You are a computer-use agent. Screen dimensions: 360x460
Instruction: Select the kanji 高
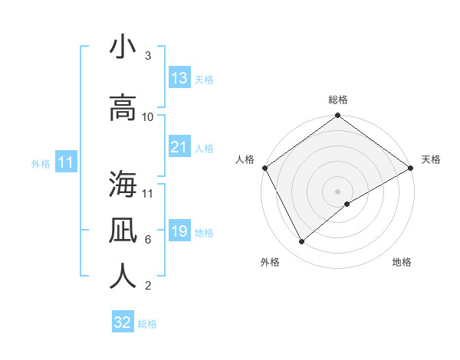pyautogui.click(x=123, y=107)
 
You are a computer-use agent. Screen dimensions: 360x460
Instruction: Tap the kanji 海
pyautogui.click(x=123, y=184)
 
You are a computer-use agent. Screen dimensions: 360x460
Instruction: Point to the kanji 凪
pyautogui.click(x=123, y=230)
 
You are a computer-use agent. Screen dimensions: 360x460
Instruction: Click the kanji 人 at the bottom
pyautogui.click(x=123, y=276)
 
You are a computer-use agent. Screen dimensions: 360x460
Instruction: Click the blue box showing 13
pyautogui.click(x=179, y=78)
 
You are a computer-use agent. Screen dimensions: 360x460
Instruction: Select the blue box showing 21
pyautogui.click(x=179, y=147)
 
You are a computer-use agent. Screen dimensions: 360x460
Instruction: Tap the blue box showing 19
pyautogui.click(x=179, y=231)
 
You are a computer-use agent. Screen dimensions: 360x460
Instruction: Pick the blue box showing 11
pyautogui.click(x=66, y=162)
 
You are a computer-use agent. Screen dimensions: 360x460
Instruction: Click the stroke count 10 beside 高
pyautogui.click(x=148, y=117)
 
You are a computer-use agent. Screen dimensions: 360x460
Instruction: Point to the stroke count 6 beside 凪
pyautogui.click(x=148, y=240)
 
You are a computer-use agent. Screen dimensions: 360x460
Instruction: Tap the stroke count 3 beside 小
pyautogui.click(x=148, y=56)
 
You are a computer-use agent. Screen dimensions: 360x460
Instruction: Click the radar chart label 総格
pyautogui.click(x=338, y=100)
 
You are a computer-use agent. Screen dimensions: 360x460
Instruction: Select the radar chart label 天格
pyautogui.click(x=431, y=159)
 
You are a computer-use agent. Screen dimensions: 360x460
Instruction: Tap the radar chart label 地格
pyautogui.click(x=402, y=263)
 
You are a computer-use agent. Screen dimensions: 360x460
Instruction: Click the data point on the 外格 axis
pyautogui.click(x=301, y=242)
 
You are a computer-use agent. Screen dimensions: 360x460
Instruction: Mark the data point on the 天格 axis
pyautogui.click(x=411, y=168)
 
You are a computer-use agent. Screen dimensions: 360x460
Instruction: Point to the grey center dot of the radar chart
pyautogui.click(x=338, y=191)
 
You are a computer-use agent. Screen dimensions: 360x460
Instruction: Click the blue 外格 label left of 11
pyautogui.click(x=41, y=163)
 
